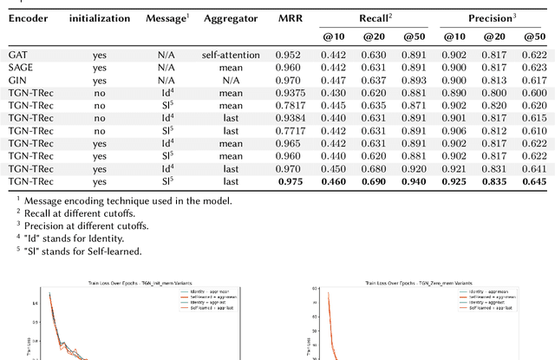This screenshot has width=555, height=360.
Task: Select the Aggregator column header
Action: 229,17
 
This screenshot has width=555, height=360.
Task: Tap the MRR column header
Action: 291,17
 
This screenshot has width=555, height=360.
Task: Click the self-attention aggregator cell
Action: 229,55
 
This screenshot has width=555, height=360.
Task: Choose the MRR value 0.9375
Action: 291,93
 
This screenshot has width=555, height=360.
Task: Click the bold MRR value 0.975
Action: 291,182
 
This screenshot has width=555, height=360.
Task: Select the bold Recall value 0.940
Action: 417,182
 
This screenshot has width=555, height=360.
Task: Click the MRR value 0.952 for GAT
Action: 291,55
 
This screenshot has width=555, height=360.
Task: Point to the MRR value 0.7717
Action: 291,131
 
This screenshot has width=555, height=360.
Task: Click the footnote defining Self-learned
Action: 58,251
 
